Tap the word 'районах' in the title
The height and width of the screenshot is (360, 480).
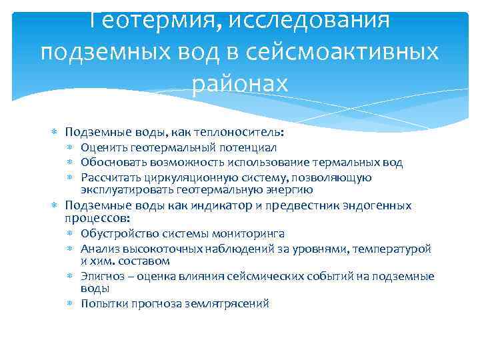(240, 83)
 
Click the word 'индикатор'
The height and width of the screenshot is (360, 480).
(222, 205)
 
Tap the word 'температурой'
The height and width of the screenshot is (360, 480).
(399, 249)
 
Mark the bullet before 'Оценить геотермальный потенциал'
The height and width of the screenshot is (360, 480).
(71, 148)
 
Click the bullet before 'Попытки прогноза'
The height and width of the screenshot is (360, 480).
(71, 304)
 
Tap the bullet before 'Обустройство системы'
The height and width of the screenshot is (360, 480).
(71, 235)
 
